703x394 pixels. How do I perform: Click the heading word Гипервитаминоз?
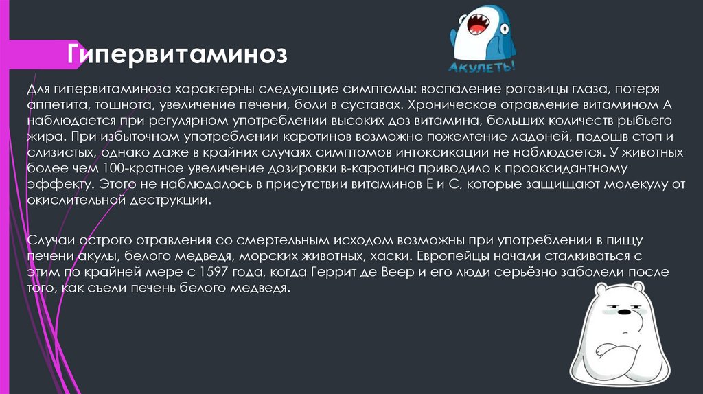[176, 54]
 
